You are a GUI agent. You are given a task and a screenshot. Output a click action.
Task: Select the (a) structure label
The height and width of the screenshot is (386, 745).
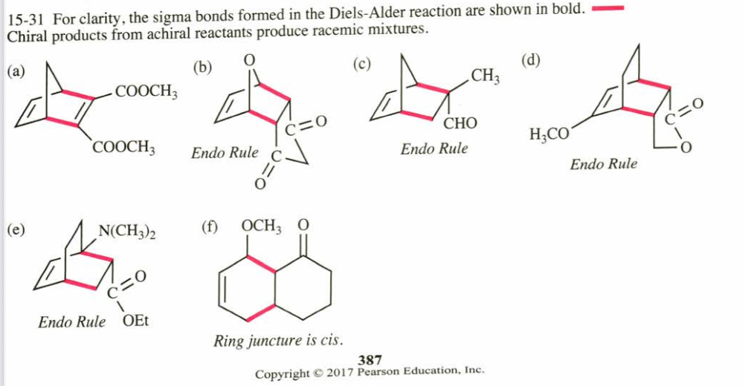[15, 72]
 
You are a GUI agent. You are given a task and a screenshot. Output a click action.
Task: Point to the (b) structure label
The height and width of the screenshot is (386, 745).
[202, 68]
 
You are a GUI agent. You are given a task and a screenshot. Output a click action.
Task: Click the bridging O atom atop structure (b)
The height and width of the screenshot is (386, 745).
[250, 59]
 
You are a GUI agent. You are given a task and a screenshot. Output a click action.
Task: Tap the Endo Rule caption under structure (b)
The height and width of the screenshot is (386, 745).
[225, 154]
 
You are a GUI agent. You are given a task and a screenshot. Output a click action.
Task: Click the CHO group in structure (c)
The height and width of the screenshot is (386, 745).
[460, 123]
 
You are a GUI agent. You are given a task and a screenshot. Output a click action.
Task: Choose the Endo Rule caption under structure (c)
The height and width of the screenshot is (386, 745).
[434, 148]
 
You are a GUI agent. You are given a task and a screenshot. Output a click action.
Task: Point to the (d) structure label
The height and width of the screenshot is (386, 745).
[531, 62]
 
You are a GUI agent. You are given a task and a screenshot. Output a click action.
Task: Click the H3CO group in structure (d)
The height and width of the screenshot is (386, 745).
[550, 135]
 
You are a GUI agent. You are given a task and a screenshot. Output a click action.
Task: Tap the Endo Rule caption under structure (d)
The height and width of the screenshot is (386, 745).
[604, 164]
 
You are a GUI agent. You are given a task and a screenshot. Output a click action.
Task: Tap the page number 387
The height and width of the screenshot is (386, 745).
[370, 360]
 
